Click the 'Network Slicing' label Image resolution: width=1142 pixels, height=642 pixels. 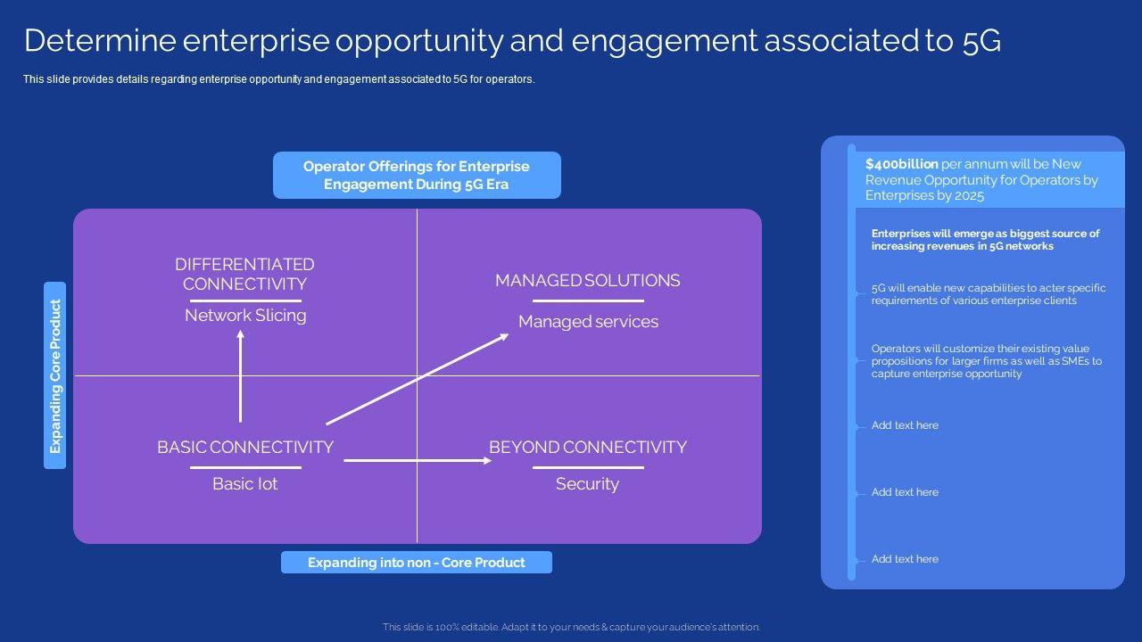[245, 316]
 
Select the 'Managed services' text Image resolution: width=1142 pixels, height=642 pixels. [588, 322]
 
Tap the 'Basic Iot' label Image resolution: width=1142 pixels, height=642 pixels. [244, 484]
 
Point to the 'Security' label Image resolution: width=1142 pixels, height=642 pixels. [587, 484]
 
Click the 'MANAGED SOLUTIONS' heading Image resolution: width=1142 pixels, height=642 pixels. [587, 281]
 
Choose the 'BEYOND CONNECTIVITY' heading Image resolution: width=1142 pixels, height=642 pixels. [587, 448]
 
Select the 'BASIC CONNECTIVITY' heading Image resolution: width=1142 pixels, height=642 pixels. [245, 448]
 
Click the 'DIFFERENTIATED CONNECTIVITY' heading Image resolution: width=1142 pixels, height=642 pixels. [244, 274]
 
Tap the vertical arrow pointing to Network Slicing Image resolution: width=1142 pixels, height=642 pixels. [240, 374]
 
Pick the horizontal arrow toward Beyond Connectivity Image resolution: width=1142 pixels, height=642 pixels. [418, 460]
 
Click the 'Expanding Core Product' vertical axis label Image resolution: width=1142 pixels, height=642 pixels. [55, 376]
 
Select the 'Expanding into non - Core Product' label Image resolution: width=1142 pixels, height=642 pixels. [416, 563]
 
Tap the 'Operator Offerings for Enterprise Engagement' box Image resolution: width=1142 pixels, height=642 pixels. [416, 175]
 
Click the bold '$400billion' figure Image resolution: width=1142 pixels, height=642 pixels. [901, 164]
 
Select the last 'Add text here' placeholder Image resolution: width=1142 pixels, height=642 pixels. [905, 559]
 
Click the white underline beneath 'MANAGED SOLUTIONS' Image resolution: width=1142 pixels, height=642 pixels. [587, 301]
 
